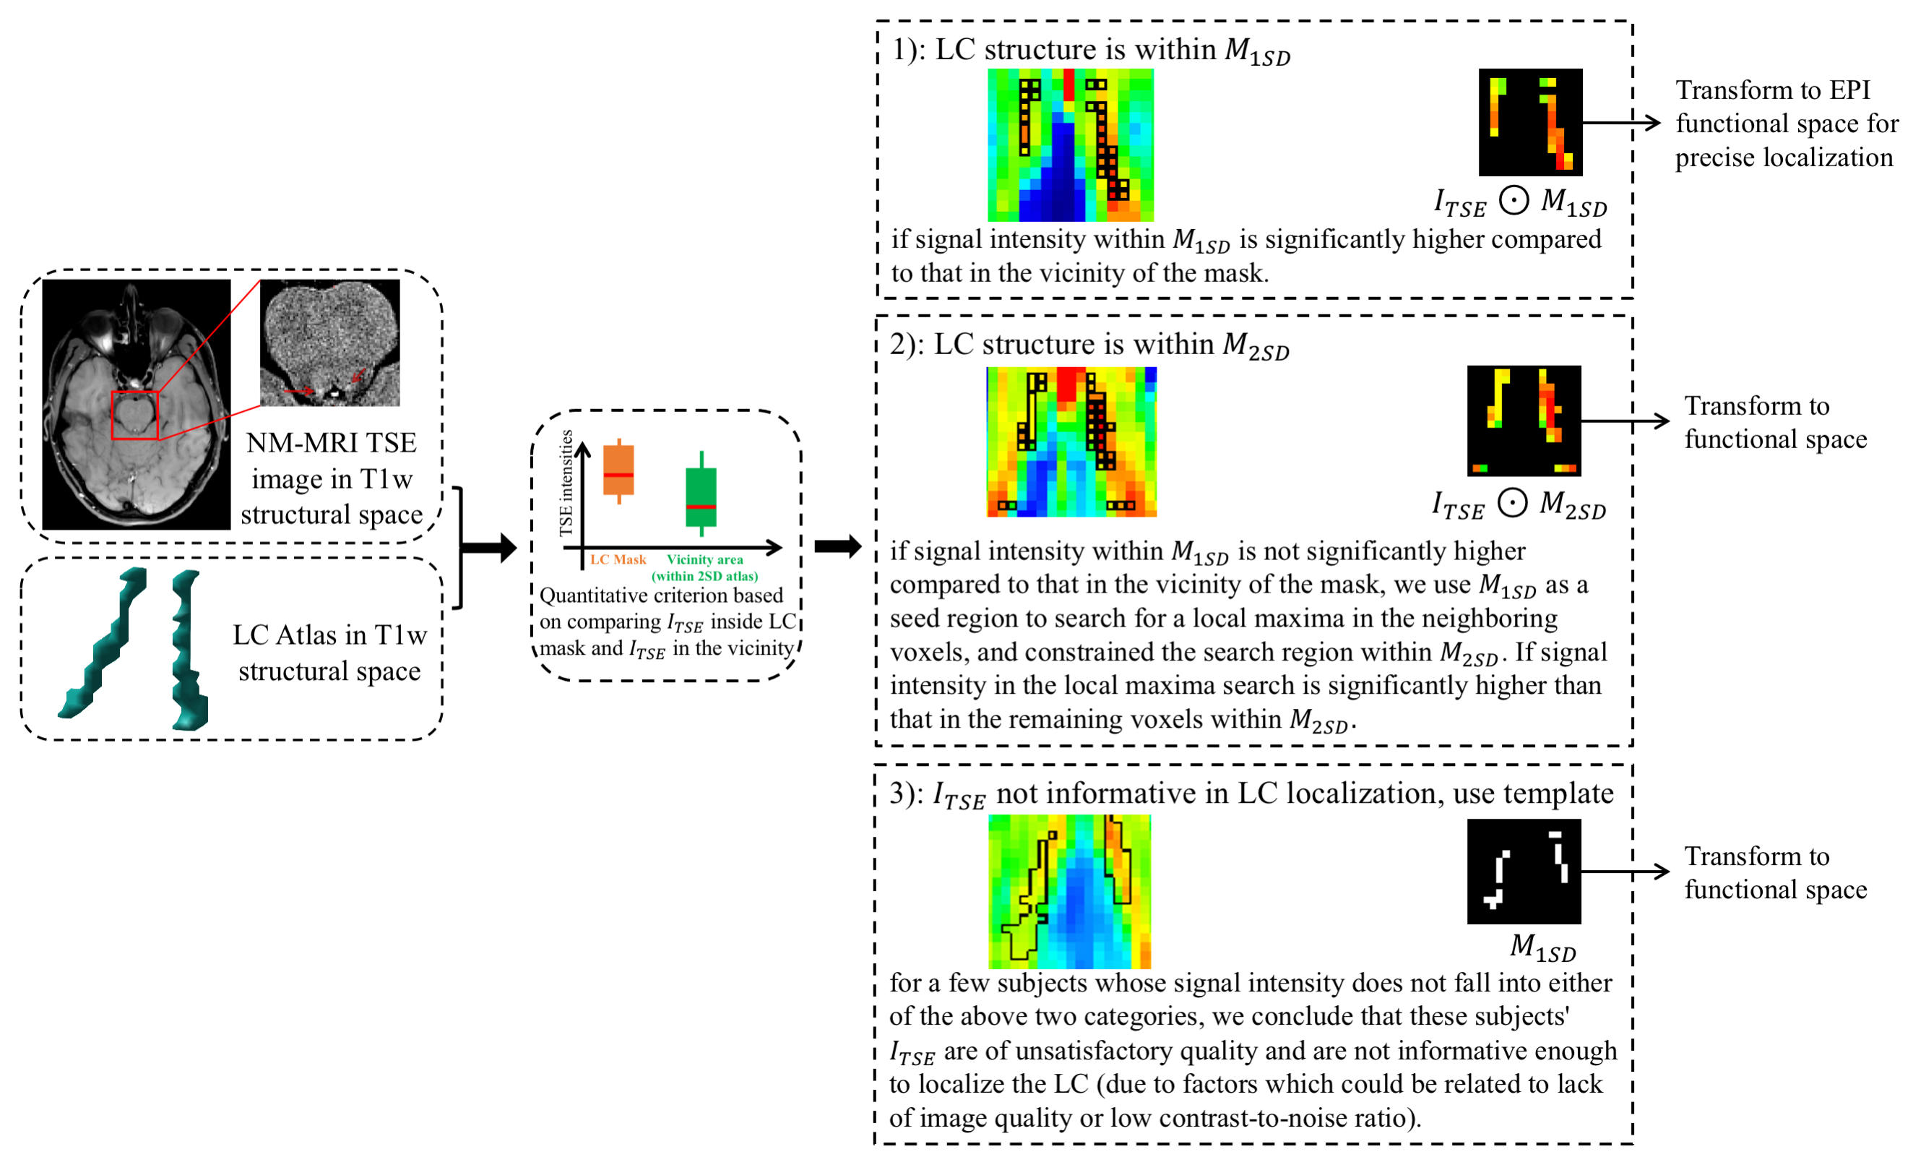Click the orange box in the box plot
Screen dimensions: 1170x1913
[619, 470]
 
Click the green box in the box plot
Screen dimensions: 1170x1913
[701, 497]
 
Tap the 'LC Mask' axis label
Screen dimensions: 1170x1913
[618, 559]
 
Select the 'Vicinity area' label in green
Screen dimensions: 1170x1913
[704, 559]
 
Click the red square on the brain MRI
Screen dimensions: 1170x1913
[134, 416]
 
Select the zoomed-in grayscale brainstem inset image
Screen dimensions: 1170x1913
[330, 343]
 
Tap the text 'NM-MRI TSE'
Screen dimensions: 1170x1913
[332, 442]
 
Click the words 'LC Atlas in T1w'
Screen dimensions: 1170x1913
[329, 635]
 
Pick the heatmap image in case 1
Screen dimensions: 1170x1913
[1070, 145]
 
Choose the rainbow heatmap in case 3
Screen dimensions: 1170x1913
[1069, 891]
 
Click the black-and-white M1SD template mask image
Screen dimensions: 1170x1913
[1524, 871]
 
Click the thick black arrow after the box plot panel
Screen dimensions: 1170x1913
[838, 546]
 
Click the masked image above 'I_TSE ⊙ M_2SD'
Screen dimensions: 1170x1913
[1524, 420]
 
